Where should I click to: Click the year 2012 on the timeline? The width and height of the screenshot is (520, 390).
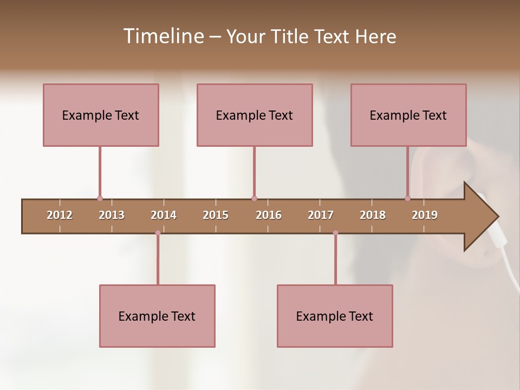(x=60, y=215)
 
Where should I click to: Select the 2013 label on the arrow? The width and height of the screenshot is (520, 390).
(x=112, y=215)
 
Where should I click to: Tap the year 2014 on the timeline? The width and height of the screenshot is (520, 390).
(x=164, y=215)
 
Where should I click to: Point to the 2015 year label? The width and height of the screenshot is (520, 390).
(x=216, y=215)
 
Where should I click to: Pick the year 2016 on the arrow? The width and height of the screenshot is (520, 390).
(x=269, y=215)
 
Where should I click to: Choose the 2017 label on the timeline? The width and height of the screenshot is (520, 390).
(x=321, y=215)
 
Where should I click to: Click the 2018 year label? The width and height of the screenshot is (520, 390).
(x=373, y=215)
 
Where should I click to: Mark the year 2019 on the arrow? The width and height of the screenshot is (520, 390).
(x=425, y=215)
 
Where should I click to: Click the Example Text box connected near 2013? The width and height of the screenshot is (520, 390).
(x=101, y=115)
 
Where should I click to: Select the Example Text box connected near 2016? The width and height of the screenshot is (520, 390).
(x=255, y=115)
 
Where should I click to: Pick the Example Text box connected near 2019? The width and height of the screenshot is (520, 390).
(x=408, y=115)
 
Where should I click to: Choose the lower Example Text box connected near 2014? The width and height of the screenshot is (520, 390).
(x=157, y=316)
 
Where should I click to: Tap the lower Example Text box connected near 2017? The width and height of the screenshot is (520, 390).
(x=335, y=316)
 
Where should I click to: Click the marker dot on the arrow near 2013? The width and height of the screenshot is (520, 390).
(x=100, y=199)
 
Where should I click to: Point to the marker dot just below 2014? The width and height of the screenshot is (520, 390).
(x=158, y=233)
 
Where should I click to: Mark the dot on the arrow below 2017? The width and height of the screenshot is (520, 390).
(x=335, y=233)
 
